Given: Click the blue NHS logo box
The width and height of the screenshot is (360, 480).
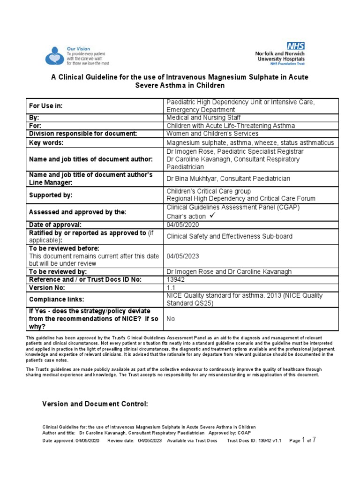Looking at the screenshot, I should (296, 45).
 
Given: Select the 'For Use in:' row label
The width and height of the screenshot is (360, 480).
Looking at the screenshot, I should (46, 106).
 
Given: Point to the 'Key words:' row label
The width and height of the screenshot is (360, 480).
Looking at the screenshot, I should (46, 142).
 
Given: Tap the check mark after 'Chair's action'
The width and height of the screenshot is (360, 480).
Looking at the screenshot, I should (212, 216).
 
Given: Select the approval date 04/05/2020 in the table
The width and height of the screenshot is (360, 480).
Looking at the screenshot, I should (180, 225).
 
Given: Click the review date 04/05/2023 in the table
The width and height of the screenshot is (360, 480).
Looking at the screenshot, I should (180, 256).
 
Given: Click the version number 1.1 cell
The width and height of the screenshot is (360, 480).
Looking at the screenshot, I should (171, 287).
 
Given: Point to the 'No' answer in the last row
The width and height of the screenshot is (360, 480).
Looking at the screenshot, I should (171, 318).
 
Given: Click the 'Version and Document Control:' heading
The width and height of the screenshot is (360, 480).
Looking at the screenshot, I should (95, 403).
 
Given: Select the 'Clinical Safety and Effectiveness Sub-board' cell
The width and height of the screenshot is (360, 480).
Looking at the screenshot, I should (229, 236).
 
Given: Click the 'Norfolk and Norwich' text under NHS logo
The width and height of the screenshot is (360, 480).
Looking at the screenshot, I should (280, 54).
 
